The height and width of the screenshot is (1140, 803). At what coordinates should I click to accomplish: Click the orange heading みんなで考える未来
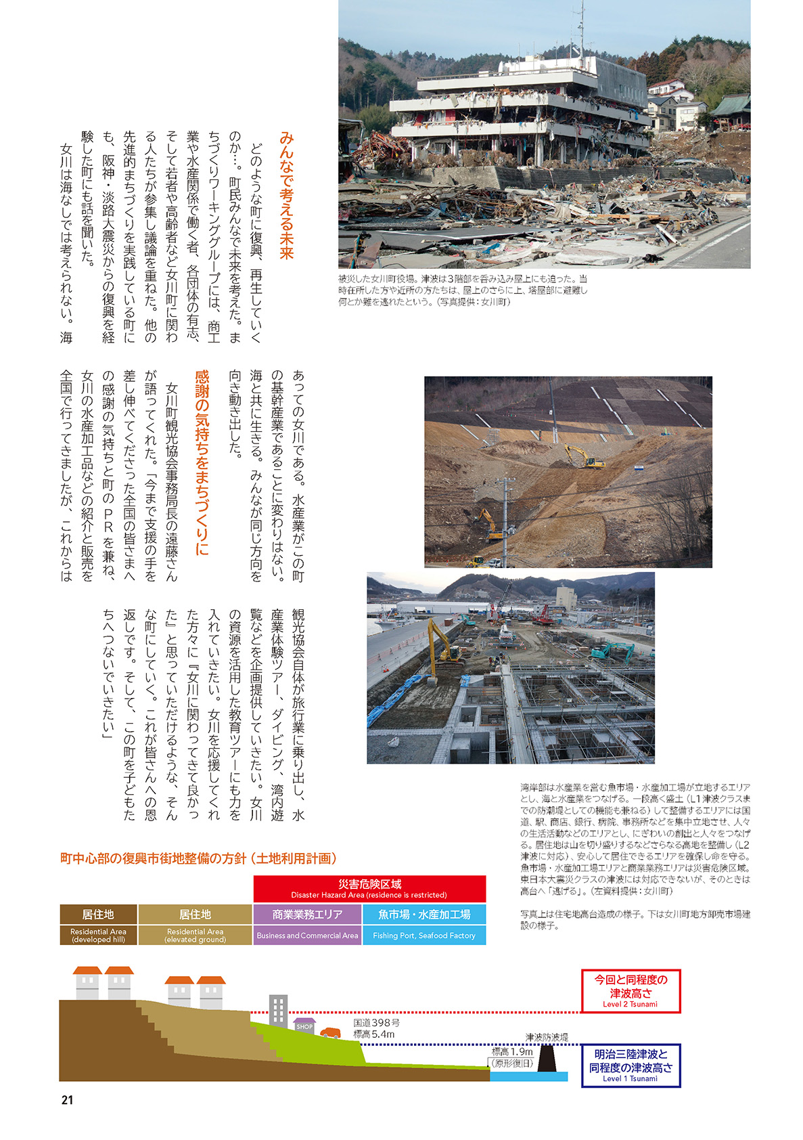(286, 196)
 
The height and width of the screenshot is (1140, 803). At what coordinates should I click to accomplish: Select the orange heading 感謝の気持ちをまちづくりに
(202, 462)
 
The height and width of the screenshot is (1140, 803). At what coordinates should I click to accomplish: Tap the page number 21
(67, 1100)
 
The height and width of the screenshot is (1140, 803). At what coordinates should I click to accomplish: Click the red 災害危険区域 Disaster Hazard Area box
(369, 888)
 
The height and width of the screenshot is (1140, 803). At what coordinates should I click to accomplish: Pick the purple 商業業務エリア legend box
(307, 915)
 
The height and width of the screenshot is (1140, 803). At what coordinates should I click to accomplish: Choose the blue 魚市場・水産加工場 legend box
(424, 915)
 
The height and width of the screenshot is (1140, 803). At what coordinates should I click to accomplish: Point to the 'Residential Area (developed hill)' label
(98, 935)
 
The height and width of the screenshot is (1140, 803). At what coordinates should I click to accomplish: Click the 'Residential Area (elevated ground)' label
(195, 935)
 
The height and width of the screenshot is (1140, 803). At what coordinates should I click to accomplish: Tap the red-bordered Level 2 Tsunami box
(630, 991)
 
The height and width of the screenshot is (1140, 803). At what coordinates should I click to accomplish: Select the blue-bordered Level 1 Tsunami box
(630, 1066)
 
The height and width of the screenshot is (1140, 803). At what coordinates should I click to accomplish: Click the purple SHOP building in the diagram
(304, 1026)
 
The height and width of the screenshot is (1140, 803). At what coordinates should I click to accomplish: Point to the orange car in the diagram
(330, 1032)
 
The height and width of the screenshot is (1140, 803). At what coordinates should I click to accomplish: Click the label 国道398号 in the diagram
(376, 1023)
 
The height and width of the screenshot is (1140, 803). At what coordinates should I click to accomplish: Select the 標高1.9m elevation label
(512, 1052)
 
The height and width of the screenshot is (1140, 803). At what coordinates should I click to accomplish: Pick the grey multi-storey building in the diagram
(278, 1010)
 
